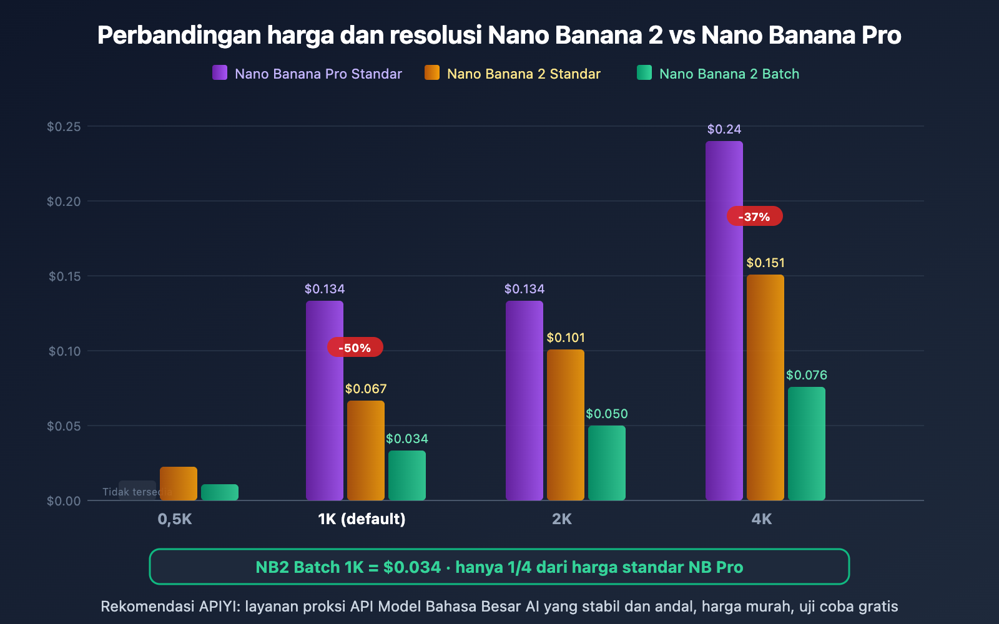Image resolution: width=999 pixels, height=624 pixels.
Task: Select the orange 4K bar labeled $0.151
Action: [765, 387]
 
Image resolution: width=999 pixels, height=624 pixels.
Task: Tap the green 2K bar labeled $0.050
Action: [606, 462]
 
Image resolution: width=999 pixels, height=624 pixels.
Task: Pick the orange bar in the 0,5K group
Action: [178, 483]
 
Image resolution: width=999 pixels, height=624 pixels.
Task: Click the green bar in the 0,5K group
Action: [219, 492]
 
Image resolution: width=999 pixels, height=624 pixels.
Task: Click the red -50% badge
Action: [355, 348]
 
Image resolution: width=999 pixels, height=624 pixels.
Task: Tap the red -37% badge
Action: [754, 217]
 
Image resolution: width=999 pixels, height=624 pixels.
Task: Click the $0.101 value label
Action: [566, 338]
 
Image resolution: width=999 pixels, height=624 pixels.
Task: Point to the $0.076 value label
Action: [806, 375]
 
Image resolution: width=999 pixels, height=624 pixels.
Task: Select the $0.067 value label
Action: [366, 389]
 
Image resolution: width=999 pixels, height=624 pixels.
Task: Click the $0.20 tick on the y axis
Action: [64, 201]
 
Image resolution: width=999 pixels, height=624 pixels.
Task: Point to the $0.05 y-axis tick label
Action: [64, 426]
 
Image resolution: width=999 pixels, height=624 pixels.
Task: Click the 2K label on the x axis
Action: [561, 519]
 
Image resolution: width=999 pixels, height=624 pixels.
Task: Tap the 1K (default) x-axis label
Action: [362, 519]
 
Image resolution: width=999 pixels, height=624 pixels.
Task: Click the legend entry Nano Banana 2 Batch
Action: [729, 74]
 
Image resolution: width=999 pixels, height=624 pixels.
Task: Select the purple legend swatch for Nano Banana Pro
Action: [220, 73]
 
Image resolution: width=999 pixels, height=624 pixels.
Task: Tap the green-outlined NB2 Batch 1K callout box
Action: [499, 567]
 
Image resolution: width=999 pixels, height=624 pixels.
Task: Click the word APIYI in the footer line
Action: [218, 607]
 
